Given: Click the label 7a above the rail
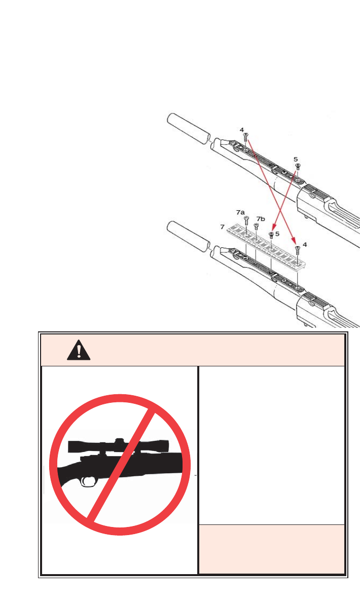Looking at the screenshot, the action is pos(240,211).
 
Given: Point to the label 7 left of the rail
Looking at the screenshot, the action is pos(223,228).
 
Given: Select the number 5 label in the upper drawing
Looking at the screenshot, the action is pos(296,159).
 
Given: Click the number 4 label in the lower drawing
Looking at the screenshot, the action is pos(304,244).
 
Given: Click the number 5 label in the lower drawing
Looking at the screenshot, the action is pos(277,234).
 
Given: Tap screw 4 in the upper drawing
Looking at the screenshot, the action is pos(245,137).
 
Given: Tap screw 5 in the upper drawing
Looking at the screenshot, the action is pos(298,166).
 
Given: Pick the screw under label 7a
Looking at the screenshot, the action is pos(246,220).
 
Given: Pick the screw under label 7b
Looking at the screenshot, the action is pos(257,226).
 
